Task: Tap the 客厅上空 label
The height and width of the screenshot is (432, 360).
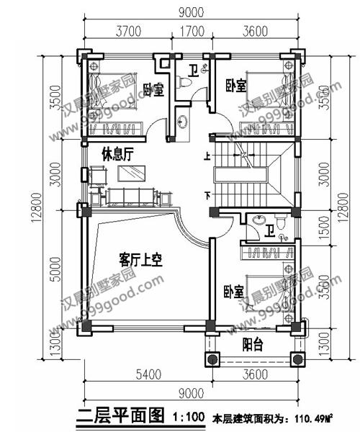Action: (x=139, y=259)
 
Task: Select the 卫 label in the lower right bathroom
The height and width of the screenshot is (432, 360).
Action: (x=269, y=232)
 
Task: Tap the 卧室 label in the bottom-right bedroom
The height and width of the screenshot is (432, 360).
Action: (x=232, y=292)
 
